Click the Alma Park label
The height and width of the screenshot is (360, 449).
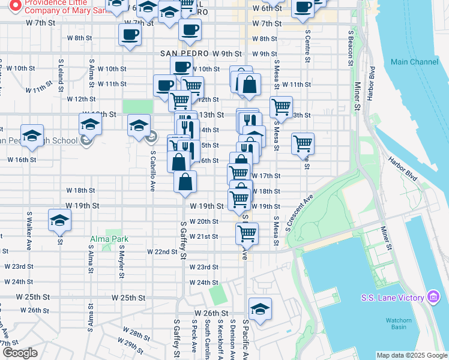click(109, 239)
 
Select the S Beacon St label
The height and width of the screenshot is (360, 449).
click(350, 49)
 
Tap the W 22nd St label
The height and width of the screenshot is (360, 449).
click(162, 252)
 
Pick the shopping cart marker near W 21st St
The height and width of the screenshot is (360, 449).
click(247, 233)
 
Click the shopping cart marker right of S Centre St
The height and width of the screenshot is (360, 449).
click(303, 143)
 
